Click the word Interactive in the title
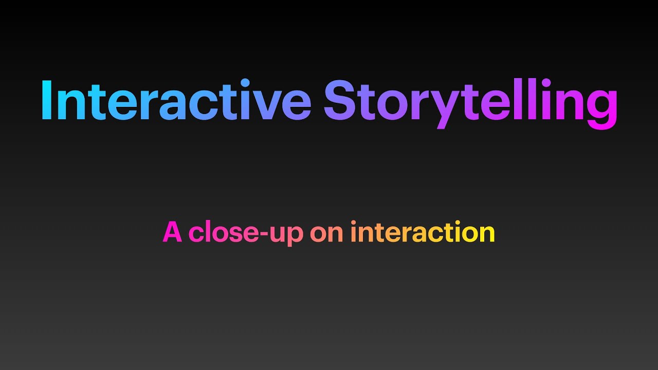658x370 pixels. [x=176, y=101]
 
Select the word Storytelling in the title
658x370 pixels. [x=470, y=101]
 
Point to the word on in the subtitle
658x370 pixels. [x=326, y=233]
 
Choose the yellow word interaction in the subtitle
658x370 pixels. [x=422, y=233]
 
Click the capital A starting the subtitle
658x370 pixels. [x=173, y=233]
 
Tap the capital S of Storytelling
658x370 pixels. [x=340, y=101]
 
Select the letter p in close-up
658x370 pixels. [x=296, y=236]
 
